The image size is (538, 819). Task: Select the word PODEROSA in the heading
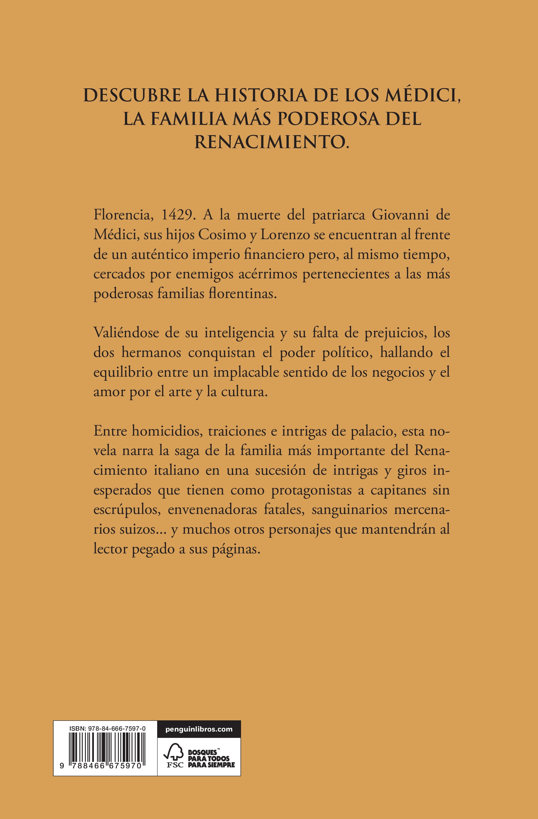(328, 119)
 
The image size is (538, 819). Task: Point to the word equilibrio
(123, 372)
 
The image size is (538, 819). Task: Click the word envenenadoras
(212, 510)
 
